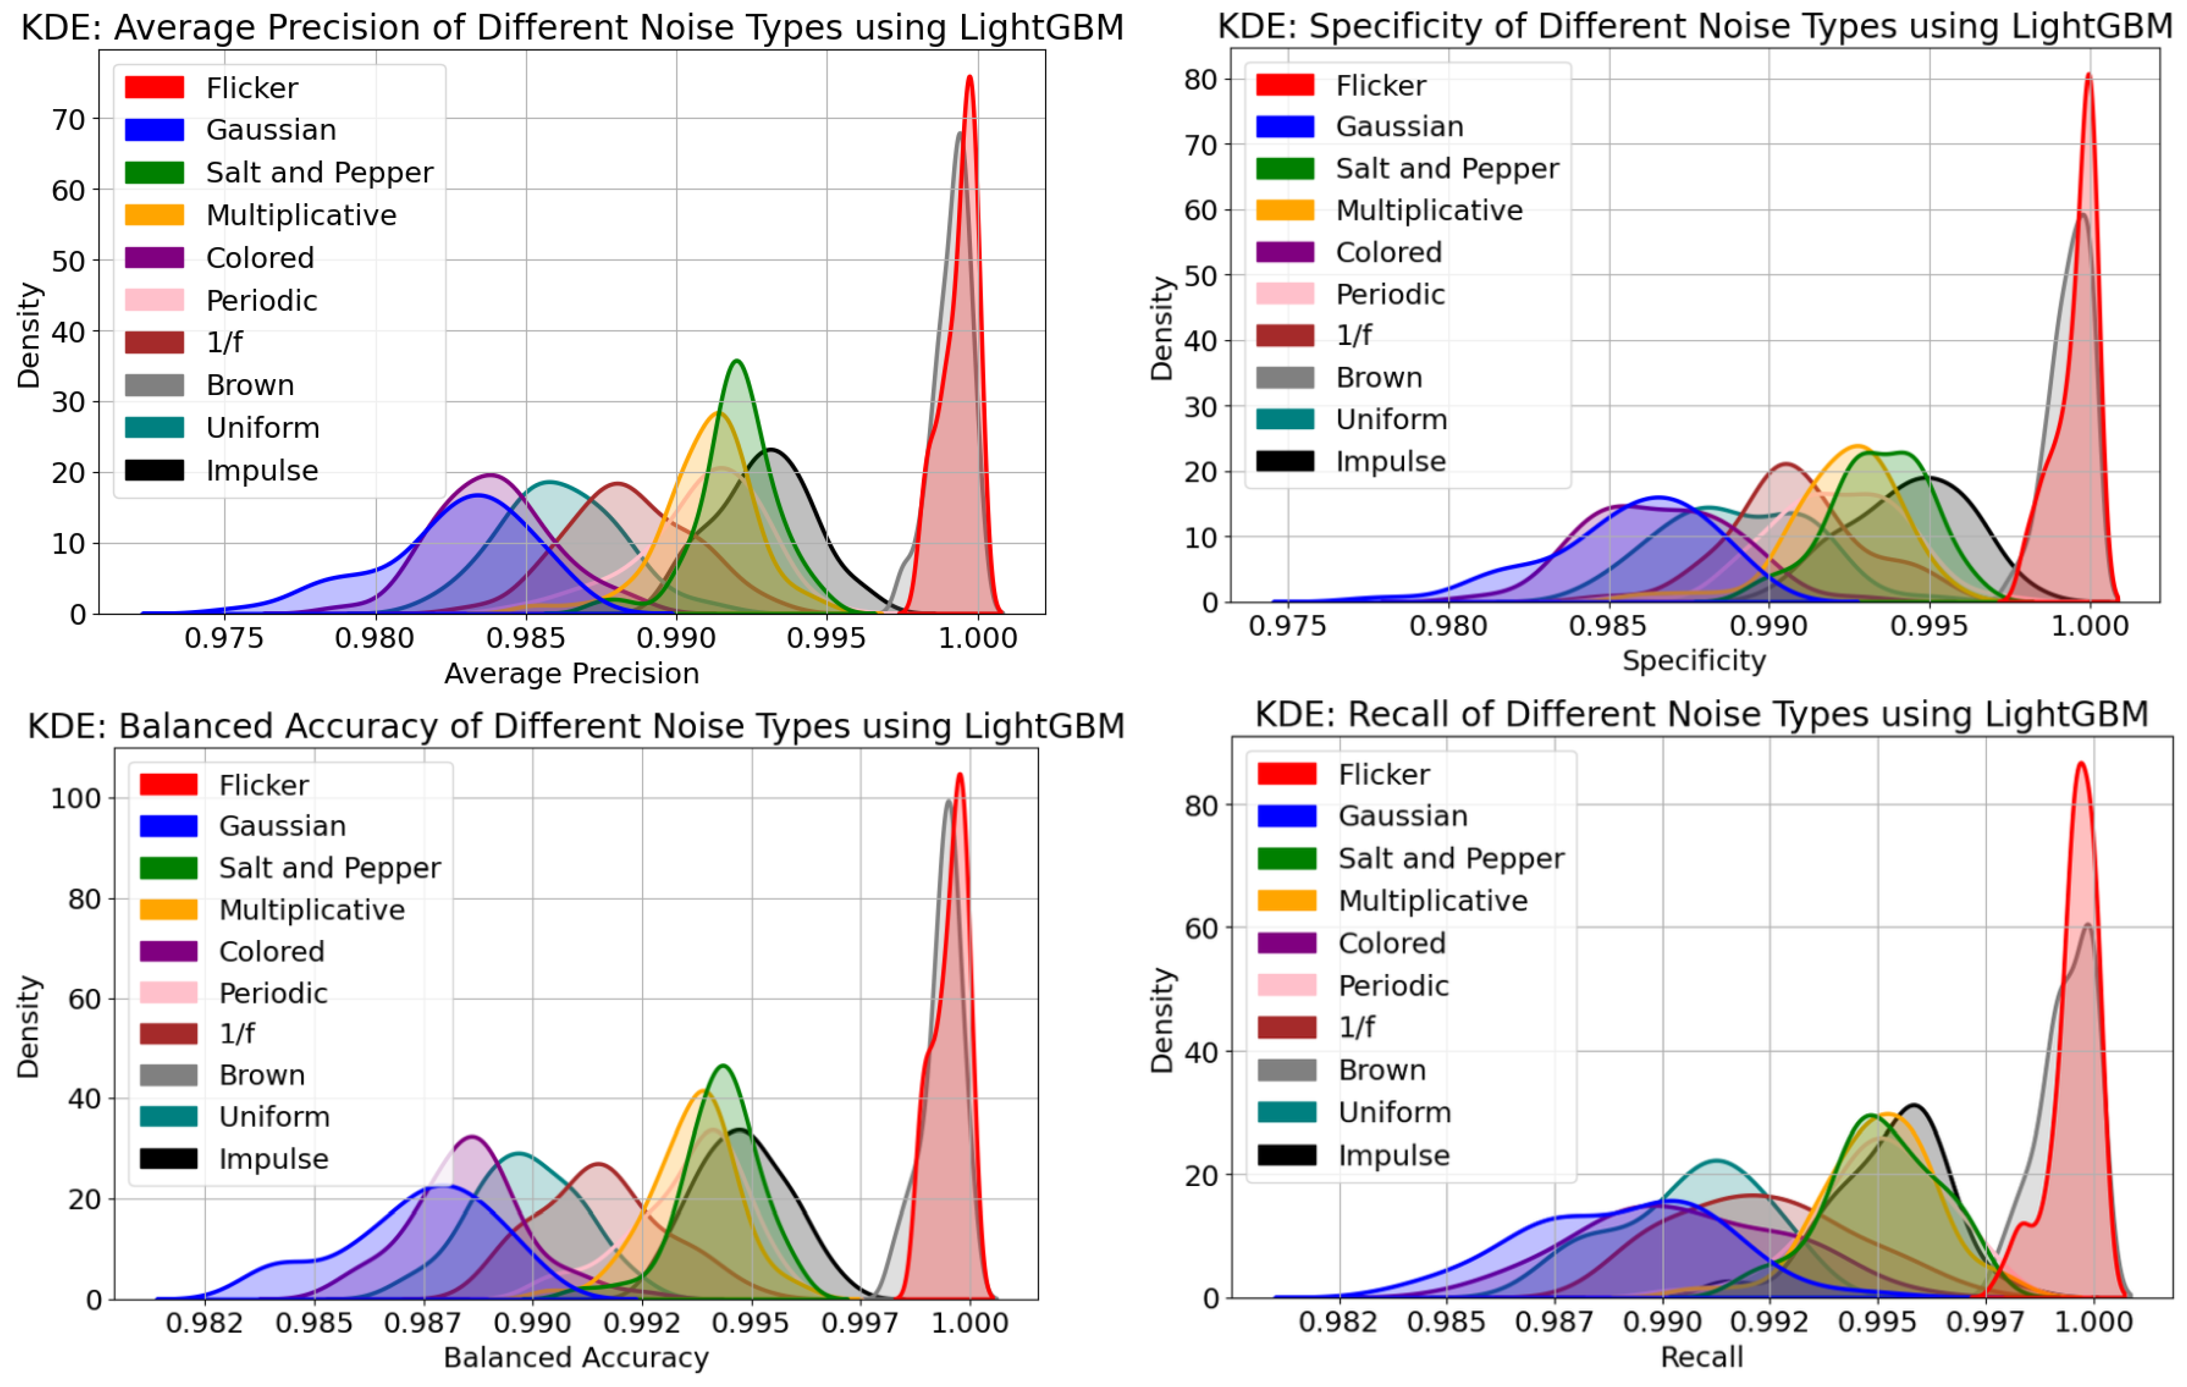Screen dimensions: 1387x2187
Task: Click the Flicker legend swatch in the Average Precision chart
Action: pyautogui.click(x=154, y=87)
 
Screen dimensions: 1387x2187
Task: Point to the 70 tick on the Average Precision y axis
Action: pyautogui.click(x=68, y=120)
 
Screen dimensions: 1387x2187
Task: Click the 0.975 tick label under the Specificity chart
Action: pyautogui.click(x=1287, y=626)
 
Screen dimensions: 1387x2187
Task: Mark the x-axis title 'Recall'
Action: pyautogui.click(x=1701, y=1357)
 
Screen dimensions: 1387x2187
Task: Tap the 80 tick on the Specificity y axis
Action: pyautogui.click(x=1200, y=80)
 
